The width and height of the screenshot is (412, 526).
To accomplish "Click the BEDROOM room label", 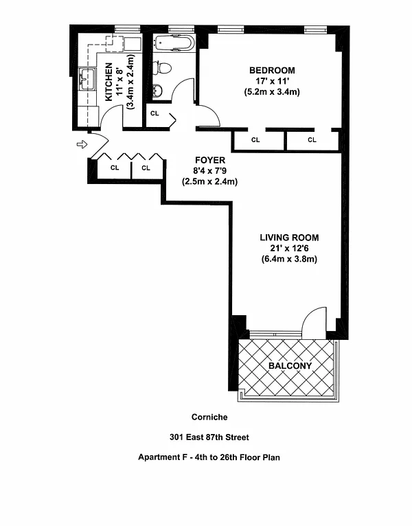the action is [x=272, y=71].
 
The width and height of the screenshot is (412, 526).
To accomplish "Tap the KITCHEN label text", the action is [x=108, y=82].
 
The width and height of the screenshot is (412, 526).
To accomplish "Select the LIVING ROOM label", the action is [x=289, y=238].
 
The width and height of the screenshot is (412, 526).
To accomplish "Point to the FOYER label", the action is [x=210, y=160].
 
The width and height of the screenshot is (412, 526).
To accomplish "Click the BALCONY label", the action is [x=290, y=365].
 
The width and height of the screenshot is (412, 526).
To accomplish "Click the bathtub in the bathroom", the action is [x=174, y=43].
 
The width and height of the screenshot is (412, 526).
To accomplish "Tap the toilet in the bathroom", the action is [x=162, y=68].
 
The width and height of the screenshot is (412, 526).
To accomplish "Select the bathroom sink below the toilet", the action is [x=157, y=91].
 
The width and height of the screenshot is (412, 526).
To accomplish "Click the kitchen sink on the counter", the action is [x=87, y=79].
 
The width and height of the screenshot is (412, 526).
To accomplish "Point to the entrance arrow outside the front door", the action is [x=82, y=145].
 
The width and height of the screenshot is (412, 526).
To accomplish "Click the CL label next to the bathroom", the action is [x=154, y=113].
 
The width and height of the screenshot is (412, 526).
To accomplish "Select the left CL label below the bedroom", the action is [x=255, y=139].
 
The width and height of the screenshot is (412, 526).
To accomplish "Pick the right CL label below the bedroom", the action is [x=312, y=139].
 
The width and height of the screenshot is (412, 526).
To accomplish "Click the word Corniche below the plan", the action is [x=209, y=417].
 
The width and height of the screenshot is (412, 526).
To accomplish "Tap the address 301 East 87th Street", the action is [x=209, y=437].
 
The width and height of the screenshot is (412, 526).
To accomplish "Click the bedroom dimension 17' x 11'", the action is [x=272, y=81].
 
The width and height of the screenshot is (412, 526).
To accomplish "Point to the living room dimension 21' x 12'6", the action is [x=289, y=249].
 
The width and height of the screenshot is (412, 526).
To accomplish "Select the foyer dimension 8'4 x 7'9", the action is [x=210, y=171].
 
